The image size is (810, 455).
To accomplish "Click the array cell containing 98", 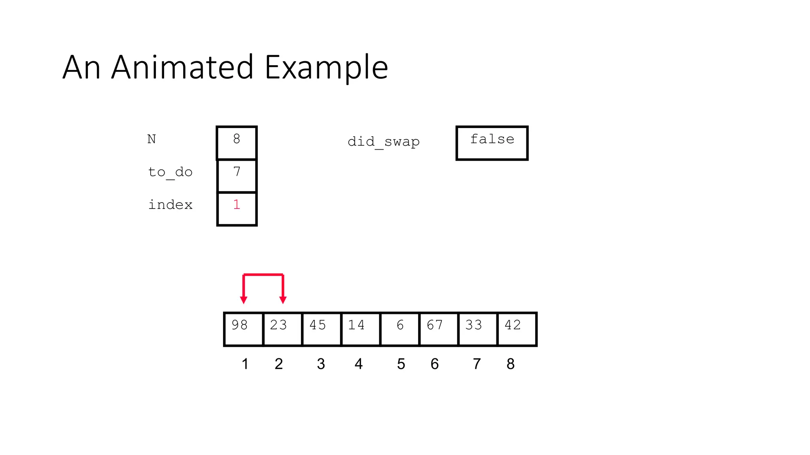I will pyautogui.click(x=243, y=329).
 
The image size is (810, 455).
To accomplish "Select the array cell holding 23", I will pyautogui.click(x=282, y=329).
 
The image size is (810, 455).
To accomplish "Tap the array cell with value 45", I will pyautogui.click(x=321, y=329).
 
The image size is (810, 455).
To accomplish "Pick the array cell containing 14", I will pyautogui.click(x=360, y=329).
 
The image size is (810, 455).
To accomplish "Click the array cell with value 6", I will pyautogui.click(x=399, y=329).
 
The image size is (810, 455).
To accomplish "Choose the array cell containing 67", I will pyautogui.click(x=439, y=329).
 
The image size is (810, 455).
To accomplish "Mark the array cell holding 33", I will pyautogui.click(x=478, y=329).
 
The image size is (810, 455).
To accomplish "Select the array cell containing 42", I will pyautogui.click(x=517, y=329).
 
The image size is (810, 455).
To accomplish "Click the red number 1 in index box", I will pyautogui.click(x=237, y=205).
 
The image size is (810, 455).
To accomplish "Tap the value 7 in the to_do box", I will pyautogui.click(x=237, y=172).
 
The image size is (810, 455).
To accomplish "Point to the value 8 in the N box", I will pyautogui.click(x=237, y=139).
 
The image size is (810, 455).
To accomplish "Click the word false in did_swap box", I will pyautogui.click(x=492, y=139).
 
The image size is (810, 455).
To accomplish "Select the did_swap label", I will pyautogui.click(x=383, y=142).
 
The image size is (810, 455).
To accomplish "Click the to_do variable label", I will pyautogui.click(x=170, y=172).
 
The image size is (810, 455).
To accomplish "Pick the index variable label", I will pyautogui.click(x=170, y=205).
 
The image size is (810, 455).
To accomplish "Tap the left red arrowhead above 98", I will pyautogui.click(x=244, y=300).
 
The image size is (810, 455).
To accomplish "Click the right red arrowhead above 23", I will pyautogui.click(x=283, y=300).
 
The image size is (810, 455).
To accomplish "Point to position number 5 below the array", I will pyautogui.click(x=401, y=364).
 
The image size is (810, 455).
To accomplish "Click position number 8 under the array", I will pyautogui.click(x=510, y=364).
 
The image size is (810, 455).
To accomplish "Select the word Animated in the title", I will pyautogui.click(x=182, y=67).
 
